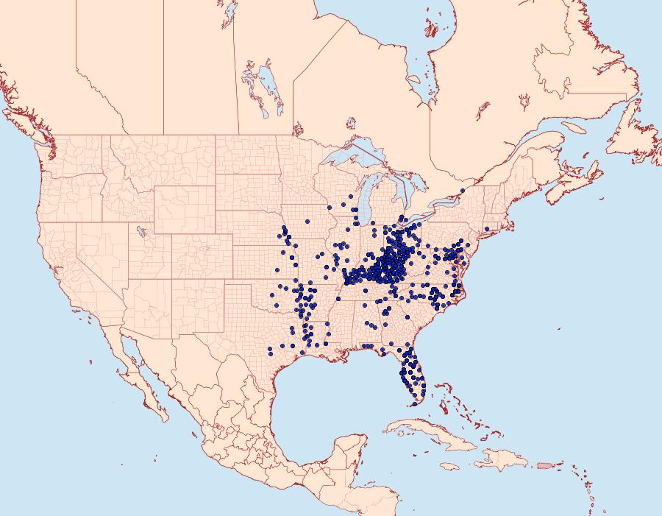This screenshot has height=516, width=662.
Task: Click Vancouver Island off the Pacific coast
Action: (22, 126)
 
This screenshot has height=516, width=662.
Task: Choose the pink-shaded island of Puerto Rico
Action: (544, 465)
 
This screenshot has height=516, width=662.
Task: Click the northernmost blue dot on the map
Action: (463, 191)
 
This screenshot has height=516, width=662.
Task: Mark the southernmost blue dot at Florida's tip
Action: (414, 403)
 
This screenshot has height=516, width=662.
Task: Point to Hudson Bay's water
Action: (368, 44)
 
